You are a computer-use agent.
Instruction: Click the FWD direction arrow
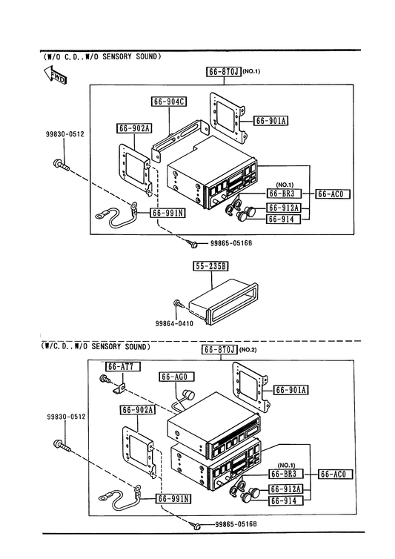click(x=55, y=75)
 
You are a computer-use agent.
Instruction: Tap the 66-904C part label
click(x=169, y=102)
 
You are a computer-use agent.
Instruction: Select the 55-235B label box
click(x=211, y=266)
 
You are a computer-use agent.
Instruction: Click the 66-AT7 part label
click(x=122, y=366)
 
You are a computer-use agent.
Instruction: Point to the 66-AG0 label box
click(x=177, y=377)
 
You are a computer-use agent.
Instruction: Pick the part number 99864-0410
click(x=174, y=324)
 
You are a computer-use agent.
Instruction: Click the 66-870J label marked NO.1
click(x=224, y=71)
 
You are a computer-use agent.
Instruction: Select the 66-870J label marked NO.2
click(x=220, y=349)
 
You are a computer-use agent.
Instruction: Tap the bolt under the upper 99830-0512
click(x=61, y=165)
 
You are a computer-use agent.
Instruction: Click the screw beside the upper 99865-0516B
click(x=194, y=245)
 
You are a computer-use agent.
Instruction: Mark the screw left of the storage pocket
click(x=179, y=304)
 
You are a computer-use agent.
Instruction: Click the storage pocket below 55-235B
click(x=223, y=302)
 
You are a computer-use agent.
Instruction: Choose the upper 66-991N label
click(x=167, y=213)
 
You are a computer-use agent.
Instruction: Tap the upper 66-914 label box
click(x=284, y=219)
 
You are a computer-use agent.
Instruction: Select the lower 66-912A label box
click(x=285, y=489)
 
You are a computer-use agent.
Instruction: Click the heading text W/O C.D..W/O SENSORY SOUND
click(x=102, y=56)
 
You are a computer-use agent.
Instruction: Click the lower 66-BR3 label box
click(x=285, y=474)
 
